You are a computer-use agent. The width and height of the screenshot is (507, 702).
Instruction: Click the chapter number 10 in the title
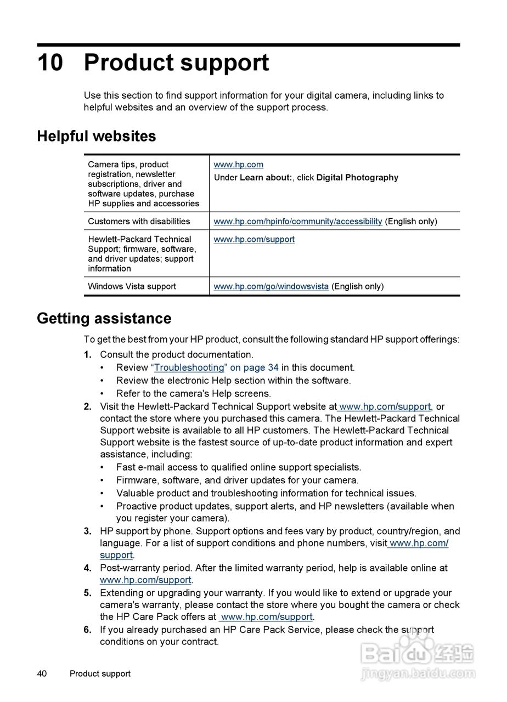(x=50, y=63)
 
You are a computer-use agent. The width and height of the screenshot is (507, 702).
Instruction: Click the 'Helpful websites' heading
(x=97, y=136)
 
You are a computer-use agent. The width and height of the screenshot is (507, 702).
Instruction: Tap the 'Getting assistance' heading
(x=104, y=319)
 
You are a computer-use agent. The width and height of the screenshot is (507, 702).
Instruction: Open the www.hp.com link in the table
(x=238, y=165)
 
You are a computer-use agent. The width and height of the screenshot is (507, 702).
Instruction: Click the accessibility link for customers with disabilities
(x=297, y=222)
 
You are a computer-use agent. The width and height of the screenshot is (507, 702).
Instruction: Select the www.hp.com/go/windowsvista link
(x=271, y=286)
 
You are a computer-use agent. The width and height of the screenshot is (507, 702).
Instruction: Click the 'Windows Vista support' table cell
(x=132, y=286)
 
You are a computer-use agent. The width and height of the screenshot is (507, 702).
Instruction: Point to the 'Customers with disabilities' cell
(x=139, y=222)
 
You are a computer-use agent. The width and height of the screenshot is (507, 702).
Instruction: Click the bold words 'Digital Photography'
(x=357, y=178)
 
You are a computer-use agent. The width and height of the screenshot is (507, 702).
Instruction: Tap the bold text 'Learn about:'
(x=266, y=178)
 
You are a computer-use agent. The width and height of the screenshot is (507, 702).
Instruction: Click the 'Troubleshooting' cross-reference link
(x=189, y=367)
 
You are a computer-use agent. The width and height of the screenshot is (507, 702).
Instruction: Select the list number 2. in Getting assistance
(x=88, y=407)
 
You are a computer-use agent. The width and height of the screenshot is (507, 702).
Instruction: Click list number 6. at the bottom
(x=88, y=630)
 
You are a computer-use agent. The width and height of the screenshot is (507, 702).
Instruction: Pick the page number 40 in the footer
(x=42, y=673)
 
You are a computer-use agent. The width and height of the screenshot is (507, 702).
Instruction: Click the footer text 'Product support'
(x=100, y=673)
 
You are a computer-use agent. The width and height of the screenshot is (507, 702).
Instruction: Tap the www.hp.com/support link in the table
(x=254, y=240)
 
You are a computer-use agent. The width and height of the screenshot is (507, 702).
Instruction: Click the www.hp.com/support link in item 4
(x=145, y=580)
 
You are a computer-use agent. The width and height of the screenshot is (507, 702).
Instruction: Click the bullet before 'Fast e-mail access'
(x=102, y=468)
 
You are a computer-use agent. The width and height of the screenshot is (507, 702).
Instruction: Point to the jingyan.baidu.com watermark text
(x=418, y=673)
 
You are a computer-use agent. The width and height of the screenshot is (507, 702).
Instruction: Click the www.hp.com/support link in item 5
(x=267, y=617)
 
